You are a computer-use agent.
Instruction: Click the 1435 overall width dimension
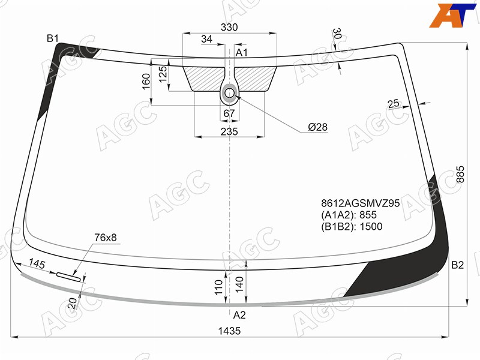pos(229,331)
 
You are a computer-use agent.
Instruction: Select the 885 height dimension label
pos(460,175)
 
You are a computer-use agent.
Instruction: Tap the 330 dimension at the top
pos(229,27)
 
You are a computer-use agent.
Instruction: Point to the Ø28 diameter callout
pos(318,127)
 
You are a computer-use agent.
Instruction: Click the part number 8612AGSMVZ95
pos(361,203)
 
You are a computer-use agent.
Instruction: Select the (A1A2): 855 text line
pos(349,215)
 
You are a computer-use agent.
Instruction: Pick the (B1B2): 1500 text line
pos(352,227)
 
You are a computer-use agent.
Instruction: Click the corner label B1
pos(52,38)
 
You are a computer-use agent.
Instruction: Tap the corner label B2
pos(458,265)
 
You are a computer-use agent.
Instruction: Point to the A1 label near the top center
pos(241,53)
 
